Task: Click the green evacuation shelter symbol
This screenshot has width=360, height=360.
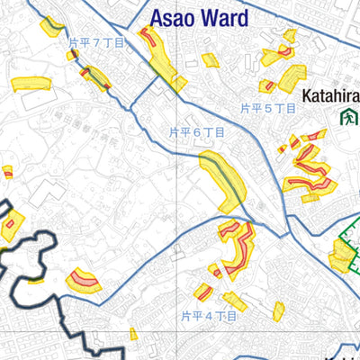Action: coord(346,116)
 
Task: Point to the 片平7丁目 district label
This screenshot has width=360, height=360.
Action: coord(96,41)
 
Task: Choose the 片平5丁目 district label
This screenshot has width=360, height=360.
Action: coord(268,107)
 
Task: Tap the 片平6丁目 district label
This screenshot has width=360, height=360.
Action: coord(196,131)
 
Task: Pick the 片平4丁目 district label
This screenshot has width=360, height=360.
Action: coord(208,316)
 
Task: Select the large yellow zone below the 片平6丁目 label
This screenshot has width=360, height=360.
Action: coord(221,180)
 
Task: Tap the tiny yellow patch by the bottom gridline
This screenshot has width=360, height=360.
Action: coord(133,334)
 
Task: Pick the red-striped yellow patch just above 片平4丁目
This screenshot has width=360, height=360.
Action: coord(204,292)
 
